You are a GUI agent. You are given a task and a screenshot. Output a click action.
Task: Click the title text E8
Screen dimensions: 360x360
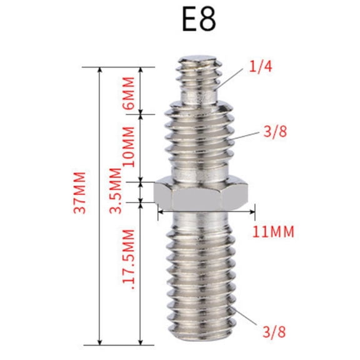(198, 20)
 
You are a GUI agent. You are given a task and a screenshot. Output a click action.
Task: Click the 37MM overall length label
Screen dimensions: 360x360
(79, 192)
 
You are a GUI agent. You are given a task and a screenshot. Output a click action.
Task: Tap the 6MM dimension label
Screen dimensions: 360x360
(129, 94)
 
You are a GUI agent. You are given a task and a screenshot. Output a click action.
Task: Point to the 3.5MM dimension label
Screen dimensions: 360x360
(116, 191)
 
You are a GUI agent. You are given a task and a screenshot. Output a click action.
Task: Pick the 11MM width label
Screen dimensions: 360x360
(274, 232)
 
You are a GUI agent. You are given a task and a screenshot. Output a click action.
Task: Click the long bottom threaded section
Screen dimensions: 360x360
(200, 281)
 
